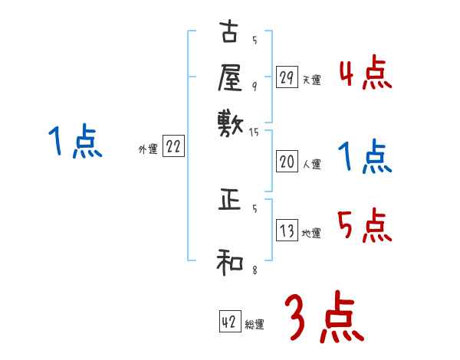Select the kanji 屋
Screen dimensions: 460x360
click(229, 78)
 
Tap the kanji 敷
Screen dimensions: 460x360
click(229, 122)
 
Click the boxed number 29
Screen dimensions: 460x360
click(287, 77)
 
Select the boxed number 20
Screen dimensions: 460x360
click(287, 162)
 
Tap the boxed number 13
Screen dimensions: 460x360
click(287, 231)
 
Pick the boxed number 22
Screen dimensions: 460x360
click(172, 148)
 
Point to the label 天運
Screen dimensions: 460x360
click(311, 80)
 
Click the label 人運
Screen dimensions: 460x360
click(311, 164)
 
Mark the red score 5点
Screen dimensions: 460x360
click(365, 227)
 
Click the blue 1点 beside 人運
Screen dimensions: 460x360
click(365, 158)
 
